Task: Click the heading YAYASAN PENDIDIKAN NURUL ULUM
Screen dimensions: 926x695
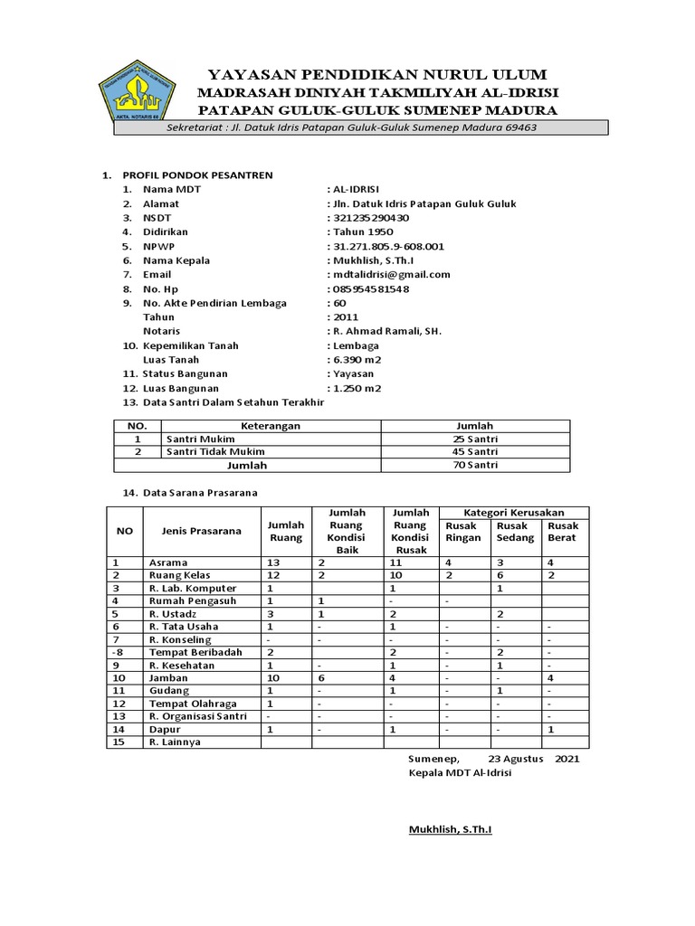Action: tap(377, 74)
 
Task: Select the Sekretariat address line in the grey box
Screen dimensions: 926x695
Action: tap(353, 128)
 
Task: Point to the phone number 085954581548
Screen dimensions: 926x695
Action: tap(370, 289)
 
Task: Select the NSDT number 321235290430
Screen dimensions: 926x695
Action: tap(369, 218)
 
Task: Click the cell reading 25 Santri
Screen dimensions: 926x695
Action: tap(475, 439)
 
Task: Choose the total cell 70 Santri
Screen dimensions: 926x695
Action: tap(475, 466)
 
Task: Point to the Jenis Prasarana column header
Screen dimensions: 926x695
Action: tap(201, 531)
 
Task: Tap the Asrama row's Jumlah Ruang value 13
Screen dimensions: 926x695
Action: tap(273, 562)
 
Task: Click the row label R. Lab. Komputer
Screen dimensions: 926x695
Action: tap(193, 588)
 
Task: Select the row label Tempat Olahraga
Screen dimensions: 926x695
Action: tap(193, 704)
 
